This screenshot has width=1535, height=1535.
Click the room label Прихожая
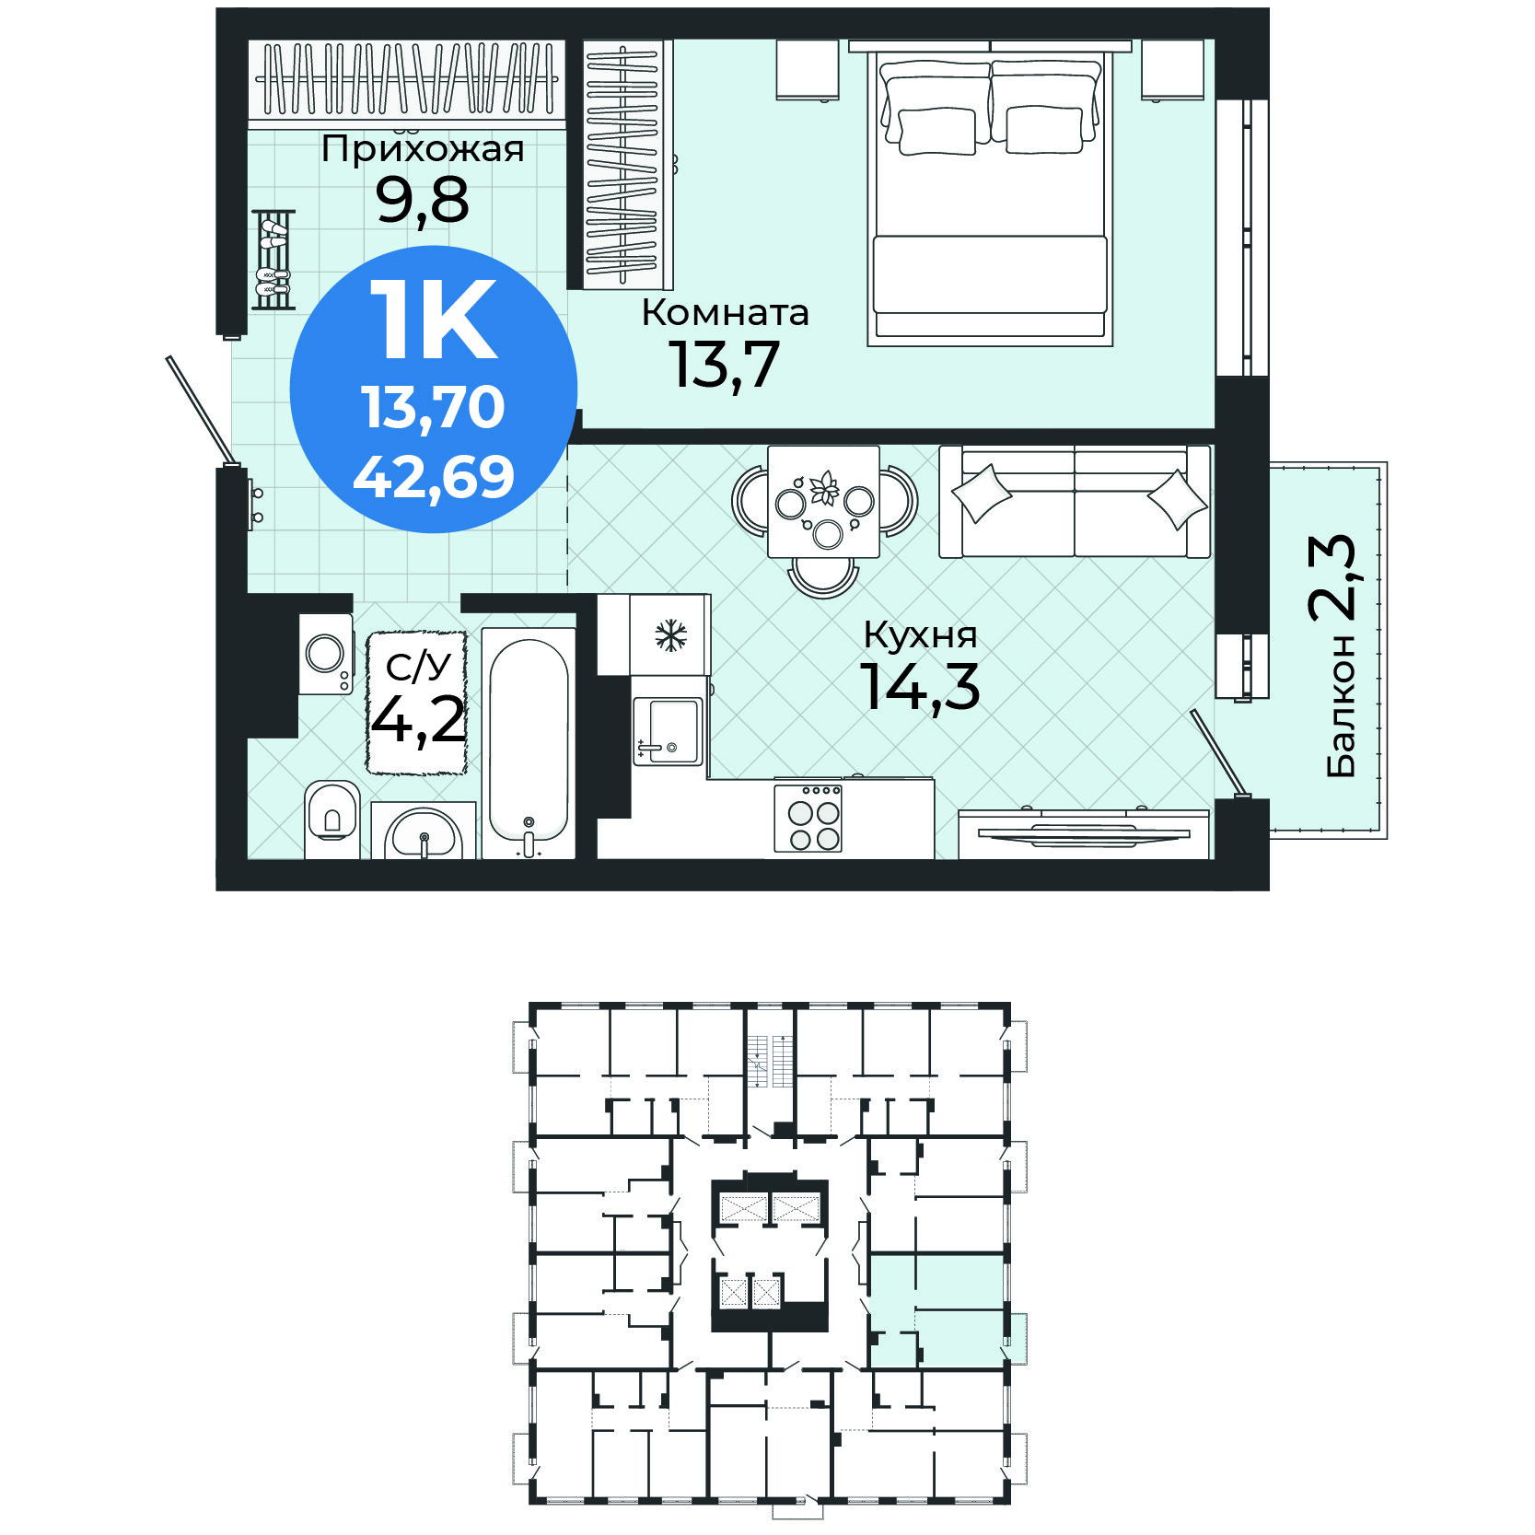pos(423,149)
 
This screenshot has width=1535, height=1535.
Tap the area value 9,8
pos(423,200)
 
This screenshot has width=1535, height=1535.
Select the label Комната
pos(725,313)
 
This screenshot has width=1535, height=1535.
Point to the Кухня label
pos(920,635)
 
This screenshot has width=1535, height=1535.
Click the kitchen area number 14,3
pos(920,686)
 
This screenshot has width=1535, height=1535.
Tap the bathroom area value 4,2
pos(418,719)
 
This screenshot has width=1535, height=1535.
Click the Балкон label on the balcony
pos(1342,705)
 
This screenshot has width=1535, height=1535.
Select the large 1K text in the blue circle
pos(434,320)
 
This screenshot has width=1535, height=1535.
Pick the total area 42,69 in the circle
pos(434,477)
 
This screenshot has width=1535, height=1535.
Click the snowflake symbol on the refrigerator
pos(671,635)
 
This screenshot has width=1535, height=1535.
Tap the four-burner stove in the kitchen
pos(808,817)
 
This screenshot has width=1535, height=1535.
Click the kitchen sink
pos(668,731)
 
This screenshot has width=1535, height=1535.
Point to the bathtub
pos(529,742)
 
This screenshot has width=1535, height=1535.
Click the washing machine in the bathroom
pos(326,655)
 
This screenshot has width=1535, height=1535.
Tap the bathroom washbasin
pos(424,831)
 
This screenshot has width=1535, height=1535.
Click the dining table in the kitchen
pos(824,502)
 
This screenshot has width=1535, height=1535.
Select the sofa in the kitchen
pos(1075,502)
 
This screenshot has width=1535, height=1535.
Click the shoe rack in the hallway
pos(273,260)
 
